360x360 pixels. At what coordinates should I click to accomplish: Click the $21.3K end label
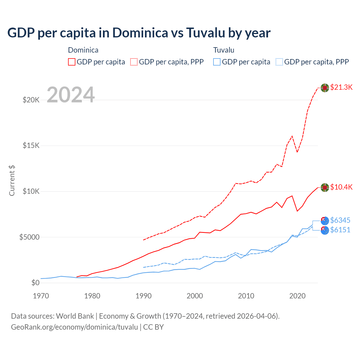tap(341, 87)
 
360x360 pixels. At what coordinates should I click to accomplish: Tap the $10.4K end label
tap(341, 187)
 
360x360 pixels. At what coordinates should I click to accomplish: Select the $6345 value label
tap(340, 220)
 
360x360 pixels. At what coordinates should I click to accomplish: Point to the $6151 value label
tap(340, 230)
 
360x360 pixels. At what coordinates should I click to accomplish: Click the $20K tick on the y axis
tap(31, 100)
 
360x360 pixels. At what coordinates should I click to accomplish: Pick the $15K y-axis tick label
tap(31, 146)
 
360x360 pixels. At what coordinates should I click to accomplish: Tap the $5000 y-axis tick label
tap(29, 237)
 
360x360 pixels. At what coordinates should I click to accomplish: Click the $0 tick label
tap(35, 283)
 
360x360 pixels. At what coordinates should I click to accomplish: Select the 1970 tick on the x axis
tap(41, 296)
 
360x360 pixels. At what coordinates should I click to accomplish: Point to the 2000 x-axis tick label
tap(195, 296)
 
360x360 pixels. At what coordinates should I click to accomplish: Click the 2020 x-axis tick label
tap(297, 296)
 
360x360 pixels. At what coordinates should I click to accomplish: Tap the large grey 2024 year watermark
tap(71, 95)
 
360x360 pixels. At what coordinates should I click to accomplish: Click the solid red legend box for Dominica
tap(72, 62)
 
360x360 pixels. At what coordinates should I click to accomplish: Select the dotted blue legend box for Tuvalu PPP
tap(279, 62)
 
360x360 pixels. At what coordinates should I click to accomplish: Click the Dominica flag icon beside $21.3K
tap(325, 88)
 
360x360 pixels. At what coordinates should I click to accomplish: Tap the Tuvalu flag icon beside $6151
tap(325, 230)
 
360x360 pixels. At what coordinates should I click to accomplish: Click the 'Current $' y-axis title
tap(12, 181)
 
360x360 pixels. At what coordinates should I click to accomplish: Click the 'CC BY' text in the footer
tap(153, 327)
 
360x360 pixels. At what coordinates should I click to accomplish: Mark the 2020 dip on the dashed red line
tap(297, 152)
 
